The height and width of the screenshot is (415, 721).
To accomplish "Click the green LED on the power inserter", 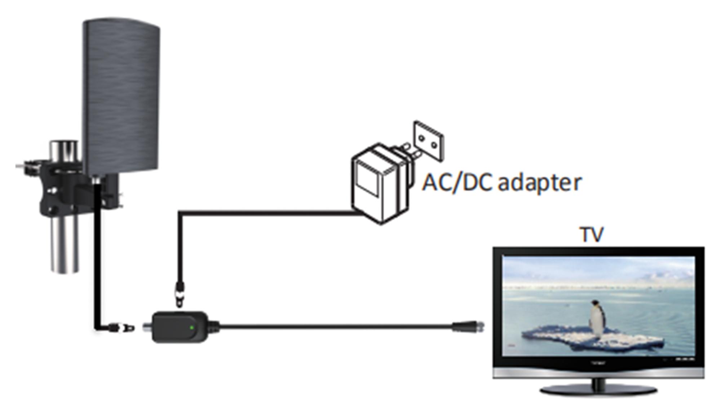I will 192,328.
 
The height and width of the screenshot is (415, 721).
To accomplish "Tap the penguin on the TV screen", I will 597,317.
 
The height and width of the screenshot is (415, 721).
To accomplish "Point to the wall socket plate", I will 429,141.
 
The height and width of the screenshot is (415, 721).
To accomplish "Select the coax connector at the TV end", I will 468,327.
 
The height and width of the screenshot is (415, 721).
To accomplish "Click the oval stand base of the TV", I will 598,389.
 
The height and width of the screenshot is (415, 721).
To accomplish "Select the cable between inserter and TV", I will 335,326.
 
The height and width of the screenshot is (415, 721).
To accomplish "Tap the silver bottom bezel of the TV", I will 598,373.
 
